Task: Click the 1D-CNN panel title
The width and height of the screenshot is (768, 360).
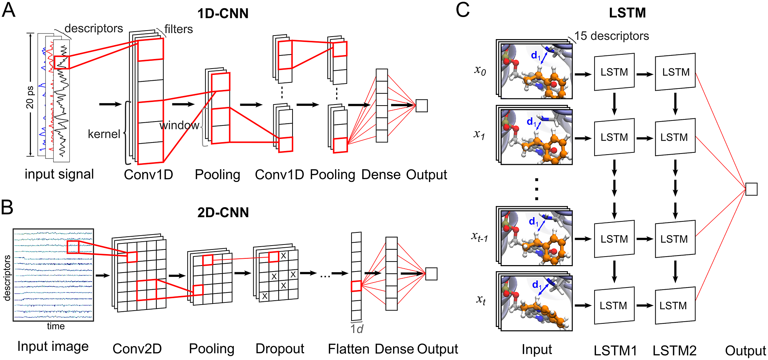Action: point(223,14)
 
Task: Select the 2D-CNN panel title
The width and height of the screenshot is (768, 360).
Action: point(223,212)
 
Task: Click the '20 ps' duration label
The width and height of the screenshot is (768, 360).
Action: point(30,97)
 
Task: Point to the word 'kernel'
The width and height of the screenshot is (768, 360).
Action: point(104,134)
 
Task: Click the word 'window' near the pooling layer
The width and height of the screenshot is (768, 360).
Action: point(179,125)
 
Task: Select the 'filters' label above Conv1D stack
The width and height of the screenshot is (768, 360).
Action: point(178,29)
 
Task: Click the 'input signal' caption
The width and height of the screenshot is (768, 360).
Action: point(59,174)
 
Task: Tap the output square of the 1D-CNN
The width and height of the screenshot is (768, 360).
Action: point(421,106)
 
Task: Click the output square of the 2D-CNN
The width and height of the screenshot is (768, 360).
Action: point(431,274)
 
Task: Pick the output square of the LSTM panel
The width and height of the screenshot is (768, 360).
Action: point(751,189)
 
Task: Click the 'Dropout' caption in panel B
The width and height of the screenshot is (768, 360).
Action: point(280,349)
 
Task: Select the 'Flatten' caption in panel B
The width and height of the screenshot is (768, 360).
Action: point(349,349)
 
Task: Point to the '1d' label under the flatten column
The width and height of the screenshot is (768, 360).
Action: point(357,329)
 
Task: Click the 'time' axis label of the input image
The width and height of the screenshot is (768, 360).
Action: point(56,326)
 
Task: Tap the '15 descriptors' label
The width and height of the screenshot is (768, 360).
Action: point(612,36)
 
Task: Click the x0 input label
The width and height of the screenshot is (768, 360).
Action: point(480,70)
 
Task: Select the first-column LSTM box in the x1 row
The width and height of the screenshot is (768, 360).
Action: point(614,137)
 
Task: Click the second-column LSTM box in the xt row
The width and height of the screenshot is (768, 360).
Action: point(675,306)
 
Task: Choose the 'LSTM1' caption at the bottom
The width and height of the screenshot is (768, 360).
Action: point(615,350)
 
